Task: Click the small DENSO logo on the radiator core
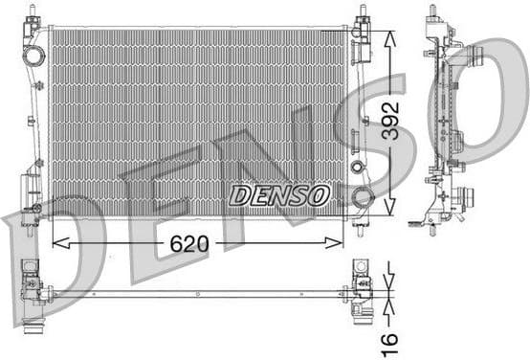click(279, 195)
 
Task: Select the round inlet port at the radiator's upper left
click(34, 56)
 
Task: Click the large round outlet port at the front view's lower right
click(363, 198)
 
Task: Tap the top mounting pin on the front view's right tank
click(363, 13)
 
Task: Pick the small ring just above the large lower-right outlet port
click(358, 168)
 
